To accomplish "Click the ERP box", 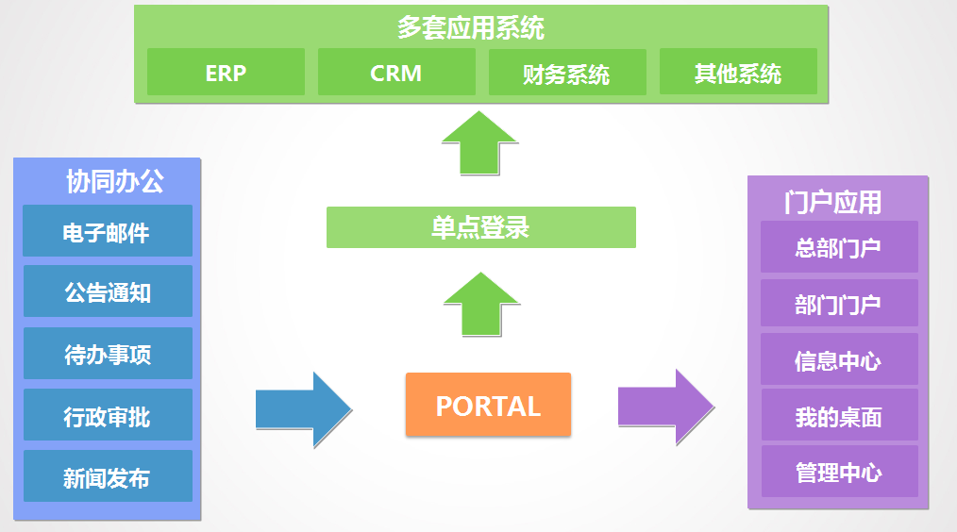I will point(226,73).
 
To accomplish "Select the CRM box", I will point(395,73).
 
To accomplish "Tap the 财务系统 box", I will point(566,73).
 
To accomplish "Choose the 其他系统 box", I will point(738,73).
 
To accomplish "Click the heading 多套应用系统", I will point(470,27).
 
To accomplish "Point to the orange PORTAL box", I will point(488,405).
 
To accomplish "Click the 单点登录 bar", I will point(480,227).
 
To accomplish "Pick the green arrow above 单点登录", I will point(479,143).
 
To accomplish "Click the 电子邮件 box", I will point(107,231).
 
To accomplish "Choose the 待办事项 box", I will point(107,354).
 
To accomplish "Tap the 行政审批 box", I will point(107,415).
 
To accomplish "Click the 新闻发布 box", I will point(107,476).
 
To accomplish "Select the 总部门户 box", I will point(838,247).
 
